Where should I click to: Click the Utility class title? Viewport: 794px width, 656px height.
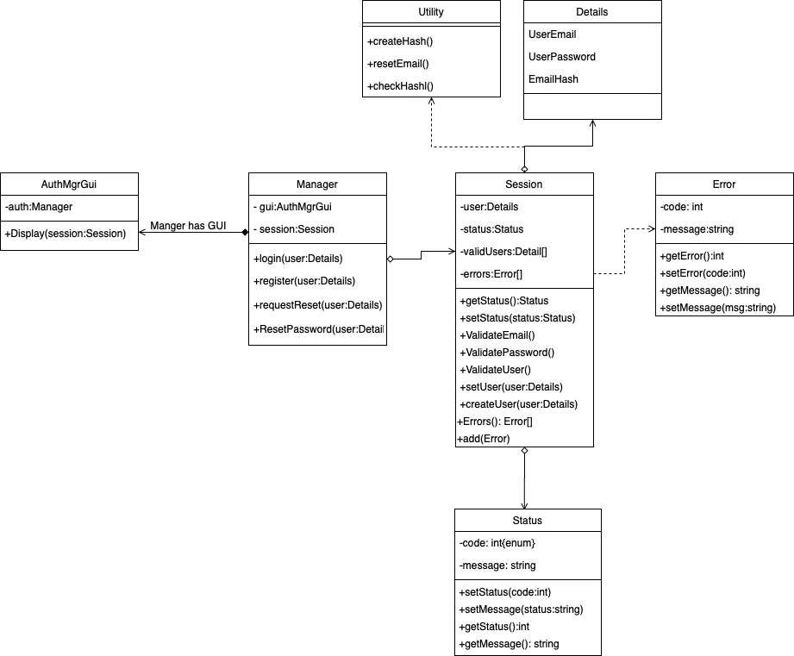click(x=430, y=12)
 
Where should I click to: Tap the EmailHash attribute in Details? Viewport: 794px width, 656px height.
click(x=553, y=79)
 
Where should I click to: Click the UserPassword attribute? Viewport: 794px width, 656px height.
click(x=561, y=57)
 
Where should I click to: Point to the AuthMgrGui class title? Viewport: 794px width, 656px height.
click(x=69, y=184)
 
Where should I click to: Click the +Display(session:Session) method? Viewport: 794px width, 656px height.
click(x=66, y=234)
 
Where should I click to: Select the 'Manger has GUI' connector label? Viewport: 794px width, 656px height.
click(x=188, y=226)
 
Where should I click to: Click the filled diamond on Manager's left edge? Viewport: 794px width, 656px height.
click(x=244, y=233)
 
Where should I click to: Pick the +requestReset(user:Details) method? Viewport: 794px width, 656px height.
click(x=317, y=305)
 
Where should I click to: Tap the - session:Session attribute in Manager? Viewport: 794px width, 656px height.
click(x=294, y=229)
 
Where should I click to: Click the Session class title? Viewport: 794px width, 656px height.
click(x=524, y=184)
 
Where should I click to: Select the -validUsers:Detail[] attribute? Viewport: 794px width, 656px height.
click(x=503, y=252)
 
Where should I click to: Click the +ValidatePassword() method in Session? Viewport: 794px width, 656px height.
click(x=507, y=353)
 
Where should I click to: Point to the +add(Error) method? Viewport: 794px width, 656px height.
click(x=484, y=439)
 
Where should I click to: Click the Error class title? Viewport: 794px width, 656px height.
click(x=724, y=184)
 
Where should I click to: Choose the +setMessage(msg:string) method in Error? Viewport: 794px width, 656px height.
click(x=717, y=308)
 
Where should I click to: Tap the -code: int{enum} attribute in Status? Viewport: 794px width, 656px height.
click(x=497, y=543)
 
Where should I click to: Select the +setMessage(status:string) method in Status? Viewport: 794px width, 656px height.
click(x=521, y=609)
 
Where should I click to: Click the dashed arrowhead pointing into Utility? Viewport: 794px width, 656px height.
click(x=431, y=101)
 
